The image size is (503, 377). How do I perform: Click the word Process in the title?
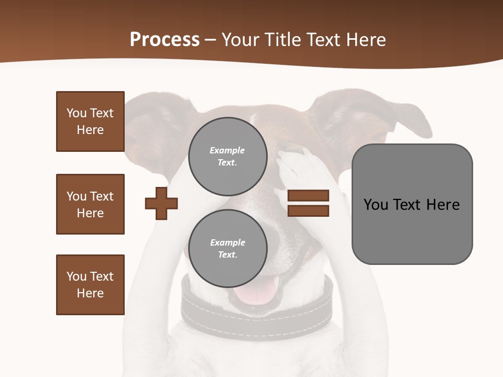[x=165, y=40]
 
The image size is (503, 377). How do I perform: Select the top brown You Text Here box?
[x=90, y=121]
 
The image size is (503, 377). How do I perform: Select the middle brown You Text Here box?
[x=90, y=204]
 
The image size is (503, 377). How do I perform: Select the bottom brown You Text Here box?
[x=90, y=285]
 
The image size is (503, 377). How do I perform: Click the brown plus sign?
[x=161, y=203]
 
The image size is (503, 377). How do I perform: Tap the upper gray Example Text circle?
[x=227, y=157]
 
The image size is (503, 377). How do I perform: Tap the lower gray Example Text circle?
[x=227, y=249]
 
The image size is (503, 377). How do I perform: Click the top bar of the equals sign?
[x=308, y=196]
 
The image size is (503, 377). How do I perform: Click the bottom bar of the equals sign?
[x=308, y=211]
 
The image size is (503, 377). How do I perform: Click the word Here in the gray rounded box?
[x=443, y=205]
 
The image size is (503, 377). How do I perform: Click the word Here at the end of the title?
[x=364, y=40]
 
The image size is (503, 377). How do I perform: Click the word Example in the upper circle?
[x=227, y=150]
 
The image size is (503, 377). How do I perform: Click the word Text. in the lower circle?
[x=227, y=255]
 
